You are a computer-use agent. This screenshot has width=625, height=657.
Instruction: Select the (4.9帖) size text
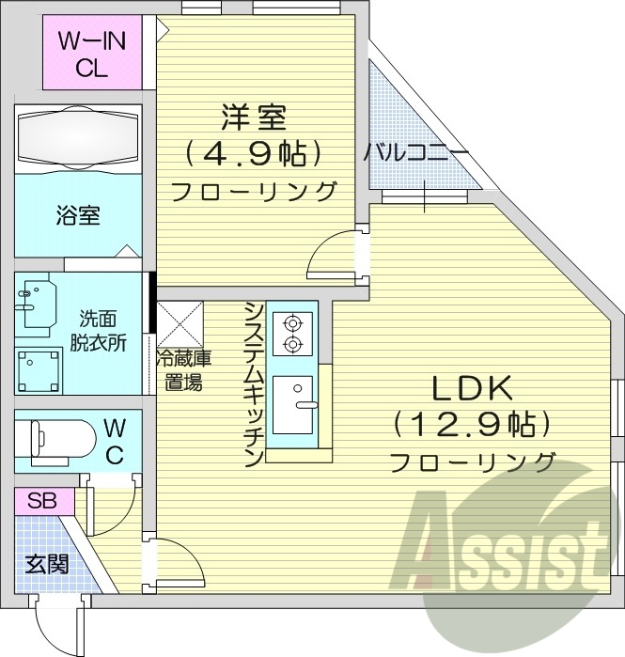(254, 153)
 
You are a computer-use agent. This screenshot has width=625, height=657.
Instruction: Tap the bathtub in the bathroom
(79, 137)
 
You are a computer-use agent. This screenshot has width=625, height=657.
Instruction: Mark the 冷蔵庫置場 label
(182, 368)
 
